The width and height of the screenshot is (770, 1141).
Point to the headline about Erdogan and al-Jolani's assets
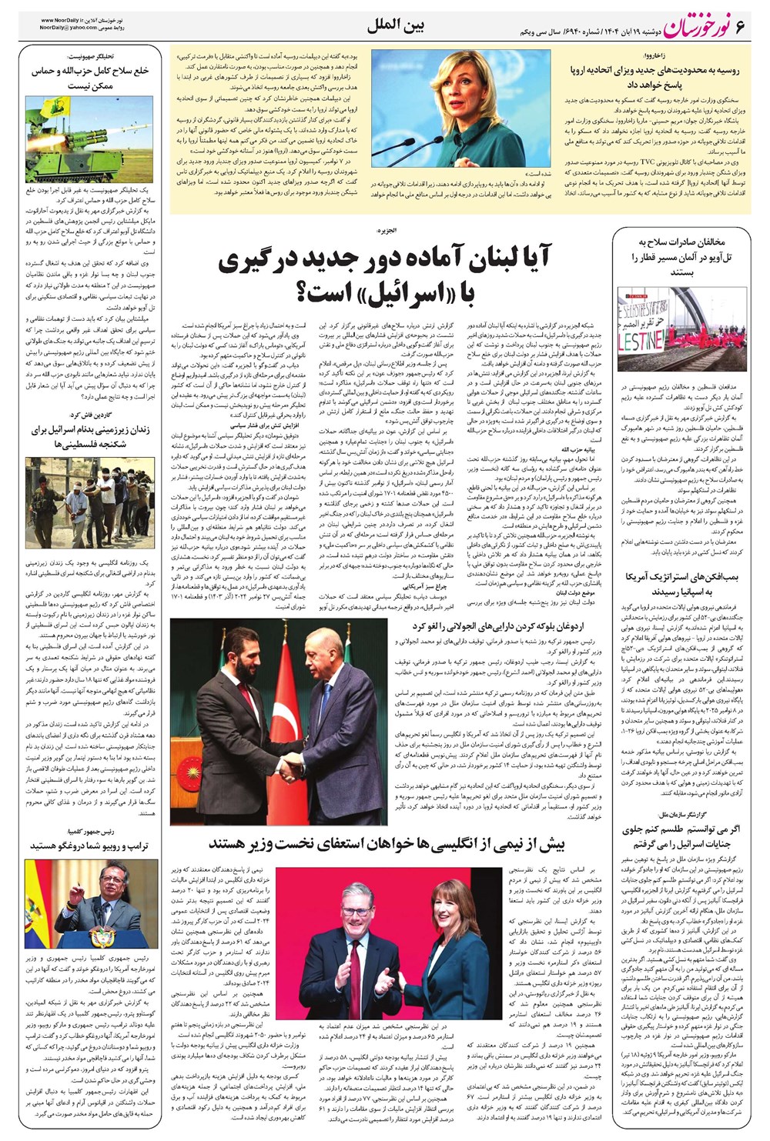click(x=487, y=626)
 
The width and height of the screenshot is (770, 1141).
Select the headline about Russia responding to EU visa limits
click(x=654, y=77)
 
